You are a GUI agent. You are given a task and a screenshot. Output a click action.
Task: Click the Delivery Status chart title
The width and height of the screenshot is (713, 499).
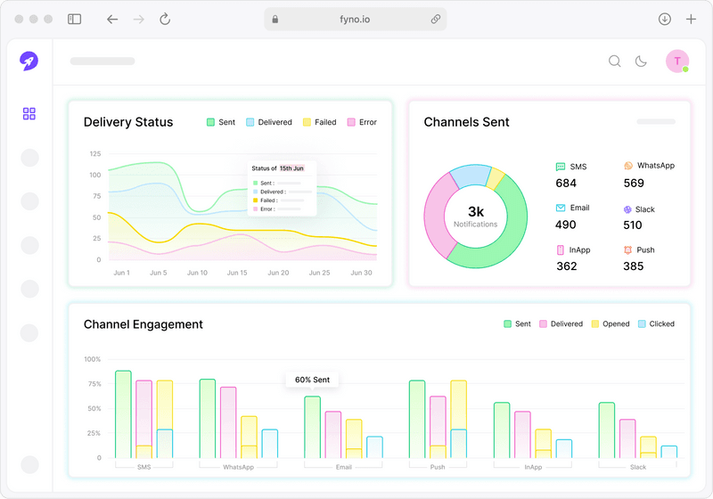pyautogui.click(x=128, y=122)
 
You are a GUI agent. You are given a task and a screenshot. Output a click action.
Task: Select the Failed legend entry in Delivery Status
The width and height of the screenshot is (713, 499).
pyautogui.click(x=319, y=122)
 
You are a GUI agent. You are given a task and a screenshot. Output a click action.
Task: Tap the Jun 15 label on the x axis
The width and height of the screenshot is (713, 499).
pyautogui.click(x=238, y=273)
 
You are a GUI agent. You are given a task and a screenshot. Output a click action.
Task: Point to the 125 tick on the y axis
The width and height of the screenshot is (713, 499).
pyautogui.click(x=95, y=154)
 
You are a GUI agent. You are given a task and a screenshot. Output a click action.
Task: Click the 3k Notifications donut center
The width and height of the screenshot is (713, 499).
pyautogui.click(x=475, y=217)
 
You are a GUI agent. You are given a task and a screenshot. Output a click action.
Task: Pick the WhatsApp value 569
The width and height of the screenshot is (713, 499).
pyautogui.click(x=634, y=184)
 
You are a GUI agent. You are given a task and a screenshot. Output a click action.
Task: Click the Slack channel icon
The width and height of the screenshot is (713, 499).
pyautogui.click(x=627, y=209)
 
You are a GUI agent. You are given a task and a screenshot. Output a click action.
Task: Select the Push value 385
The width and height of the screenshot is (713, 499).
pyautogui.click(x=633, y=266)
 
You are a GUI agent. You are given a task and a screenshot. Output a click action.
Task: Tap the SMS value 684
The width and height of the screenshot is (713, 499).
pyautogui.click(x=566, y=184)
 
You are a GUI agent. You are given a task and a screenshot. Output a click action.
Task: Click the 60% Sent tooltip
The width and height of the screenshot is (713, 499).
pyautogui.click(x=312, y=380)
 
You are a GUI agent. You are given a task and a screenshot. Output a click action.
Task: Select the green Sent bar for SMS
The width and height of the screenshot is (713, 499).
pyautogui.click(x=123, y=414)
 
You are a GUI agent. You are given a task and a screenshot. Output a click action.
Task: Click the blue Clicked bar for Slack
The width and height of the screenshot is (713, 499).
pyautogui.click(x=668, y=452)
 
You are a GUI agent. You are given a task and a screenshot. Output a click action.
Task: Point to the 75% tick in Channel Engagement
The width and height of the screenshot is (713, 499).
pyautogui.click(x=93, y=384)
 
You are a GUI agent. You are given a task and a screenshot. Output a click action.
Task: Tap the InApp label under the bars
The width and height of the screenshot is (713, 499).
pyautogui.click(x=533, y=467)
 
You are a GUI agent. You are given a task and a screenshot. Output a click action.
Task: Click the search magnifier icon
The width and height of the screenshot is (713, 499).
pyautogui.click(x=614, y=61)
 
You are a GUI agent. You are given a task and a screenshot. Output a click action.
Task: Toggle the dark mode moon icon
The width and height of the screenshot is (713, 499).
pyautogui.click(x=641, y=61)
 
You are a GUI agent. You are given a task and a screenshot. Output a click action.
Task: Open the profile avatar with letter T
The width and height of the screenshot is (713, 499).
pyautogui.click(x=676, y=61)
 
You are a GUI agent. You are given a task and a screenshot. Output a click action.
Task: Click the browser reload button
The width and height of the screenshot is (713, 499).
pyautogui.click(x=165, y=19)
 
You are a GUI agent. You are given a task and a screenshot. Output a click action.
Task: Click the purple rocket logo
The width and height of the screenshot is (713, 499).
pyautogui.click(x=29, y=61)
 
